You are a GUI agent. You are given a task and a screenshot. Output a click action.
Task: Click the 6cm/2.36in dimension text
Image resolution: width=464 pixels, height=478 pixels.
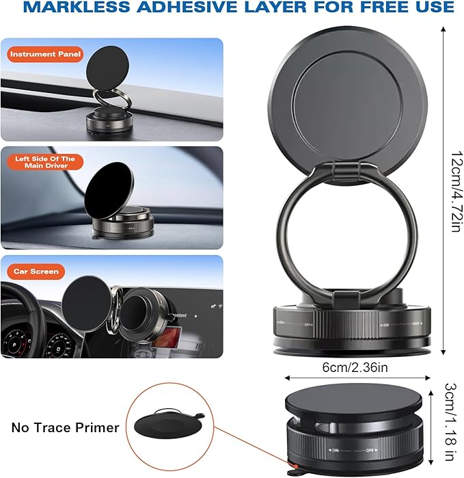pyautogui.click(x=355, y=367)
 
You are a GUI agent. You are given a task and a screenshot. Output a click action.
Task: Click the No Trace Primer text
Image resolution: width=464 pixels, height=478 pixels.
pyautogui.click(x=65, y=428)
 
